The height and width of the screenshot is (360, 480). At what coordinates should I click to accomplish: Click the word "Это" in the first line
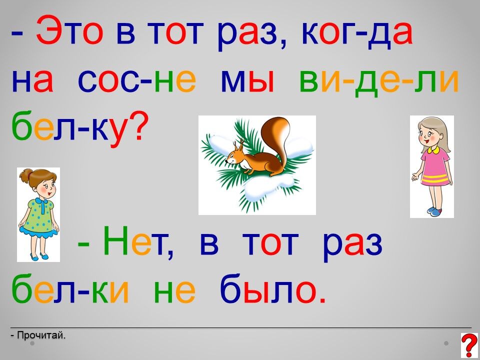[68, 31]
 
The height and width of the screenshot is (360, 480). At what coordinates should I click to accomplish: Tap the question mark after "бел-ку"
[134, 126]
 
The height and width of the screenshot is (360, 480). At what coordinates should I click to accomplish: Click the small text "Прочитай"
[41, 335]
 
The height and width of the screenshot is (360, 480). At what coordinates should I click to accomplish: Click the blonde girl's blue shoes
[434, 211]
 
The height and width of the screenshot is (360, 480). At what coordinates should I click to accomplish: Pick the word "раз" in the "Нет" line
[352, 244]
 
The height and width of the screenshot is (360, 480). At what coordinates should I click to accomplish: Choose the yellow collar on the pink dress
[433, 150]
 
